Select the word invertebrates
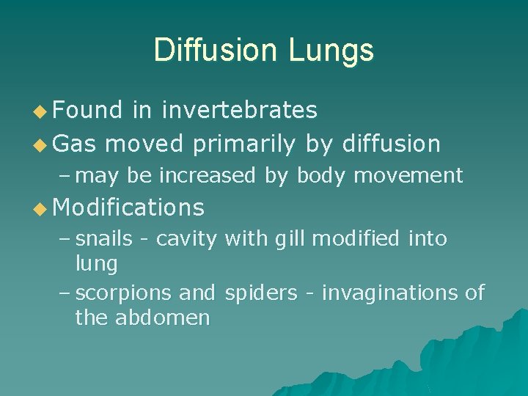click(240, 110)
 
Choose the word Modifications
click(129, 208)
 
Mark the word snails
click(105, 238)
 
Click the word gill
click(293, 240)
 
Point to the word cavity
click(187, 240)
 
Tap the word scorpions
click(125, 293)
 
